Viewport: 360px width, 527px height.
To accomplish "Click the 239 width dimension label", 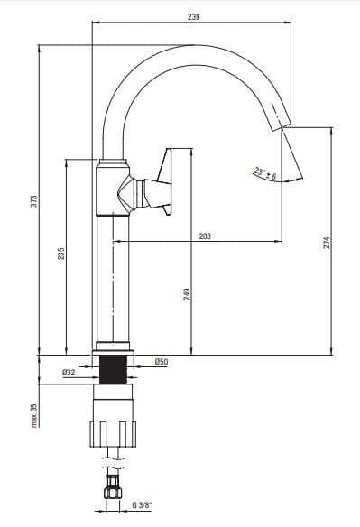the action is coord(194,17).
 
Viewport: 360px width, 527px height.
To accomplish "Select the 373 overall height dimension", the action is coord(34,201).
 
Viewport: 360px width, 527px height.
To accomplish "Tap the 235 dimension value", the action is coord(60,254).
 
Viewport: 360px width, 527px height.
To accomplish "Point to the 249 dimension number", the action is coord(187,294).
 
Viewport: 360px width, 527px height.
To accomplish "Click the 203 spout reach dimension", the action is coord(205,236).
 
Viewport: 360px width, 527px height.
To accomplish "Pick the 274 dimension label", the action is coord(327,243).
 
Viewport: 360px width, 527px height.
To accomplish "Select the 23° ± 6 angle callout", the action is coord(265,173).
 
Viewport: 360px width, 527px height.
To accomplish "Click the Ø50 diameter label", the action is coord(162,362).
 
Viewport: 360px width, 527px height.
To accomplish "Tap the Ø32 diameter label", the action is coord(69,373).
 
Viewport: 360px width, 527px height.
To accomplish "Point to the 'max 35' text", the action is coord(34,415).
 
